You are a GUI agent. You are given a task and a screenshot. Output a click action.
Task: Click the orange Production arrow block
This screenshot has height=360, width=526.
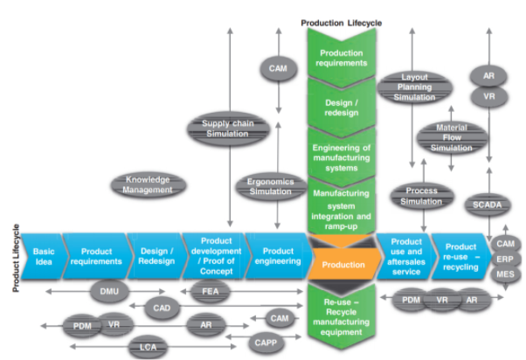342,262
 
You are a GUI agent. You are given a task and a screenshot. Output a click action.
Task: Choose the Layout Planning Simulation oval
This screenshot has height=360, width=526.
414,87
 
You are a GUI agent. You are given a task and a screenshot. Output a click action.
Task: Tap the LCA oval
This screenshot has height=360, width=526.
148,349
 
